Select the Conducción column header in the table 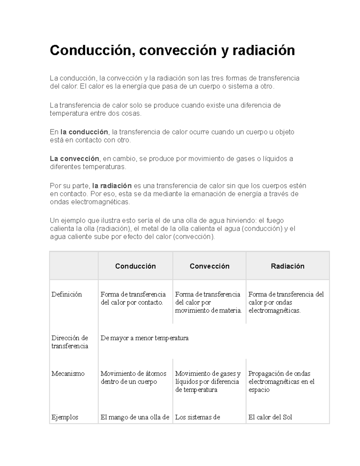(x=135, y=266)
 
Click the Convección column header (x=209, y=266)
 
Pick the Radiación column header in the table (x=287, y=266)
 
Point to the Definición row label (x=67, y=294)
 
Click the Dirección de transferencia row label (x=70, y=342)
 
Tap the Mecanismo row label (x=68, y=374)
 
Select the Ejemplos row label (x=65, y=417)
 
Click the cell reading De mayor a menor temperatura (x=145, y=338)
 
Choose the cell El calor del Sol (x=270, y=417)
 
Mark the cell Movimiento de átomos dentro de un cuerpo (x=133, y=377)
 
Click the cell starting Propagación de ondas (x=281, y=381)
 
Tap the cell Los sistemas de (x=197, y=417)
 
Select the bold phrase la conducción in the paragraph (x=84, y=132)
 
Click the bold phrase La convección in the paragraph (x=74, y=159)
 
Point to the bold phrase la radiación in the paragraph (x=112, y=186)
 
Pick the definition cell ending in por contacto (x=133, y=298)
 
